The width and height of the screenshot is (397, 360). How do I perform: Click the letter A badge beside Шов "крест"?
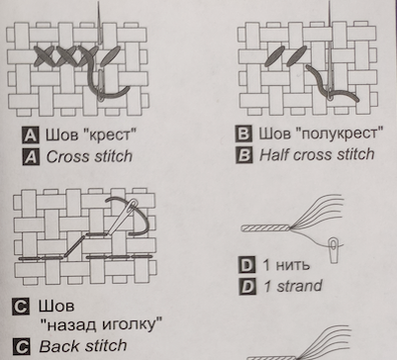[31, 135]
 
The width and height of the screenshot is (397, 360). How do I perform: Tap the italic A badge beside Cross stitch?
[31, 156]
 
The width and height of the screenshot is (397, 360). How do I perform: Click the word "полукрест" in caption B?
[339, 134]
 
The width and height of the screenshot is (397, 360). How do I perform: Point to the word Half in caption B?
[273, 154]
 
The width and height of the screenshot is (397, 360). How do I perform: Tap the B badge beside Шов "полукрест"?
[244, 134]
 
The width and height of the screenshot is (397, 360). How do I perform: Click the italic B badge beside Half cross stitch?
[244, 155]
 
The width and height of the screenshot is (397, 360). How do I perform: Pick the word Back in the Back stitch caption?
[59, 346]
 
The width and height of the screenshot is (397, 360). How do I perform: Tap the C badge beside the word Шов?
[21, 307]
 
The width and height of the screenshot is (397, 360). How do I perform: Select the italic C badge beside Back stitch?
[21, 346]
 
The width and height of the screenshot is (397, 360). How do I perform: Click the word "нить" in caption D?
[292, 265]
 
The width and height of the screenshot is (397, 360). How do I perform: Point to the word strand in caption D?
[299, 286]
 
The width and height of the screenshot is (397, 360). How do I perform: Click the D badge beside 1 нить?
[247, 265]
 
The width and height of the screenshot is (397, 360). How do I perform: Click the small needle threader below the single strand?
[334, 250]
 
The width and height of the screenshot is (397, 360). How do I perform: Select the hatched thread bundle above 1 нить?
[265, 227]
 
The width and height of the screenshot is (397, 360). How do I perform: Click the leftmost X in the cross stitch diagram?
[44, 56]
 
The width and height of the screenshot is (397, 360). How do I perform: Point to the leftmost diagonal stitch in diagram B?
[274, 56]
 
